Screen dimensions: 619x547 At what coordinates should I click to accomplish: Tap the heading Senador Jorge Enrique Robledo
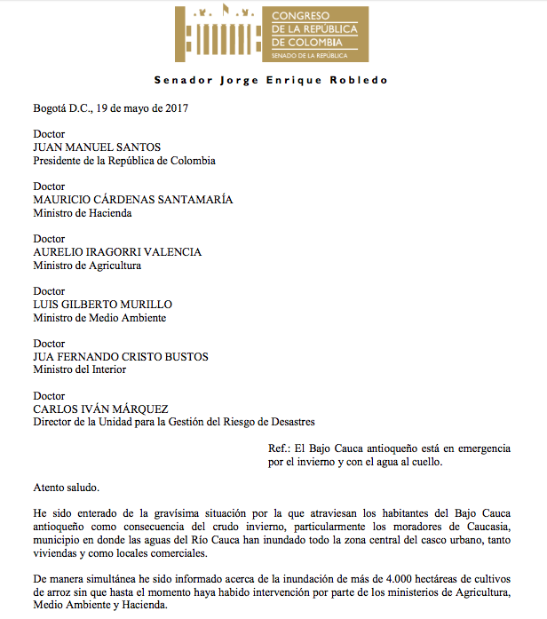click(271, 80)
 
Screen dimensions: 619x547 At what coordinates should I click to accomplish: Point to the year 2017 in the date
click(175, 108)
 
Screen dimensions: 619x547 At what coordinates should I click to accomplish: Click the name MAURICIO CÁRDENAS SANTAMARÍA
click(133, 200)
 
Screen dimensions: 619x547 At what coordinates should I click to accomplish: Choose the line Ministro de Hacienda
click(83, 213)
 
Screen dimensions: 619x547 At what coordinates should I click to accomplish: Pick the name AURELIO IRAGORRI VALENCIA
click(117, 252)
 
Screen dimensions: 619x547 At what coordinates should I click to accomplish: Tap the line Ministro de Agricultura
click(87, 266)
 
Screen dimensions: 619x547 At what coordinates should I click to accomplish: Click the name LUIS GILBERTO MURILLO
click(102, 305)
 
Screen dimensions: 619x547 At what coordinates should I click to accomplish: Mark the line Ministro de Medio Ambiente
click(99, 318)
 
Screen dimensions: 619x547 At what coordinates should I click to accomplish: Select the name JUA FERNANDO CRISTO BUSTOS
click(121, 357)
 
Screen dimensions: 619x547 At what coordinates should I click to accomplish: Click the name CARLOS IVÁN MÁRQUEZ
click(100, 409)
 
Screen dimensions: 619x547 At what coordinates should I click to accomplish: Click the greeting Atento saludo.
click(67, 488)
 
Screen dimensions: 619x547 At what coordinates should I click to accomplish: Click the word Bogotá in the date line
click(52, 108)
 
